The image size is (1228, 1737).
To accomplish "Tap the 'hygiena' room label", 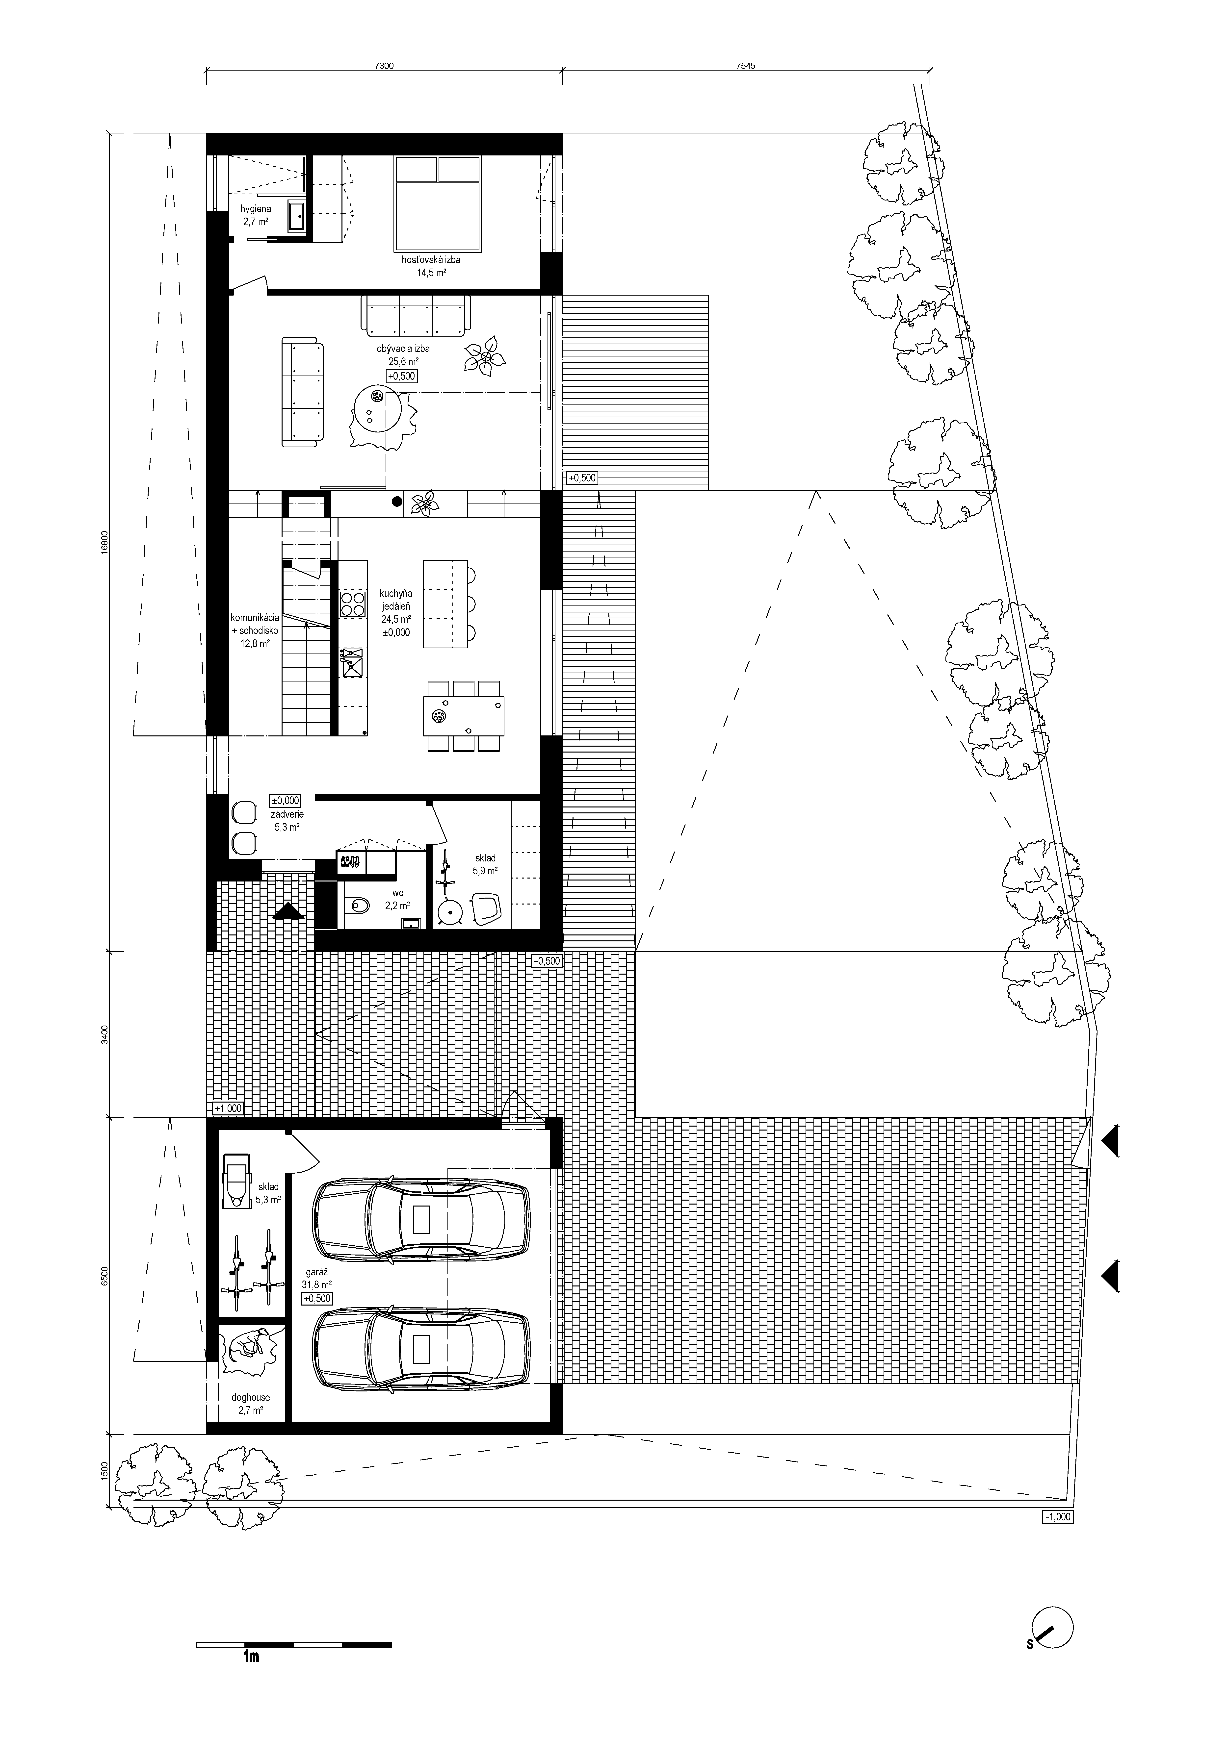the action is (256, 209).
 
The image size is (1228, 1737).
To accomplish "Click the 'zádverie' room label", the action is (287, 815).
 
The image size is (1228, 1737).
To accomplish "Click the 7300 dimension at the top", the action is (384, 66).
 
